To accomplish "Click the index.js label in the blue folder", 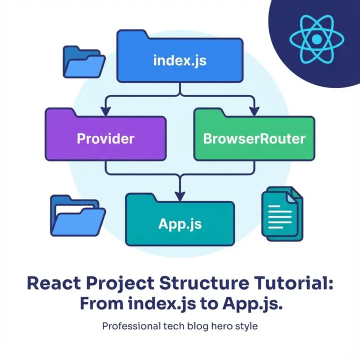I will click(x=180, y=62).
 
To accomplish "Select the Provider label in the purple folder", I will click(x=105, y=138).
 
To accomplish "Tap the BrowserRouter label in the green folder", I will click(x=254, y=138).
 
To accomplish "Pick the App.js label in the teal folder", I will click(x=180, y=223).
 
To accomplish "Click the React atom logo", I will click(x=315, y=38).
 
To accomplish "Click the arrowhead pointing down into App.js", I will click(x=180, y=191).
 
